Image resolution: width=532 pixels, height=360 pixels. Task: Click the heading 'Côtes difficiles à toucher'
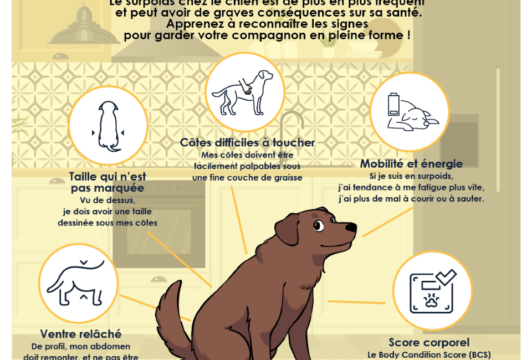(x=247, y=142)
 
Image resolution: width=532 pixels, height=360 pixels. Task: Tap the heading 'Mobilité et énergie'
(x=411, y=163)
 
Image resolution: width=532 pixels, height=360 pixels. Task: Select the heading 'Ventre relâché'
(x=81, y=334)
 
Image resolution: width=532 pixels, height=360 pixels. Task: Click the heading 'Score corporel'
(x=429, y=342)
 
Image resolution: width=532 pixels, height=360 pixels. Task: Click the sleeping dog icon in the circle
(x=418, y=117)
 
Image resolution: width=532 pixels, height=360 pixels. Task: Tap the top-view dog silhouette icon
(x=108, y=126)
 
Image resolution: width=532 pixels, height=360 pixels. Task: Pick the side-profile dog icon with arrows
(x=78, y=282)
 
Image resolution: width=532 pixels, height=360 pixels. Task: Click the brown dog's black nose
(x=351, y=227)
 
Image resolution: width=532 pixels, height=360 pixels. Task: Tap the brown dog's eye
(x=318, y=225)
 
